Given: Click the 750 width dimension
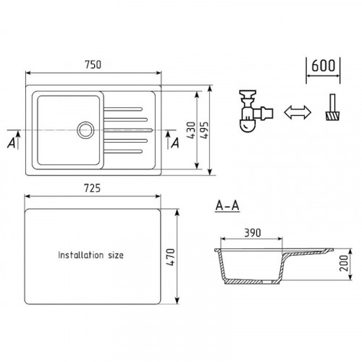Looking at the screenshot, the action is tap(93, 64).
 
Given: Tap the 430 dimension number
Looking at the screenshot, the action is tap(191, 130).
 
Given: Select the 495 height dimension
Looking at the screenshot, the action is tap(204, 130).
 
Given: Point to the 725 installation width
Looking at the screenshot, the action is tap(92, 188).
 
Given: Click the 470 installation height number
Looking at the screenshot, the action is tap(171, 257).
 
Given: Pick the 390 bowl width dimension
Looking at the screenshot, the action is tap(253, 233).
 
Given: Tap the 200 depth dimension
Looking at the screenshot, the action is tap(344, 264).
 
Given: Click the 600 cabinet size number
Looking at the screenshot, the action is tap(323, 65).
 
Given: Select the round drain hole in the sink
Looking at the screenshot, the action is tap(85, 130).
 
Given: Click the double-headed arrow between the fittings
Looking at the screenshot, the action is tap(298, 112).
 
